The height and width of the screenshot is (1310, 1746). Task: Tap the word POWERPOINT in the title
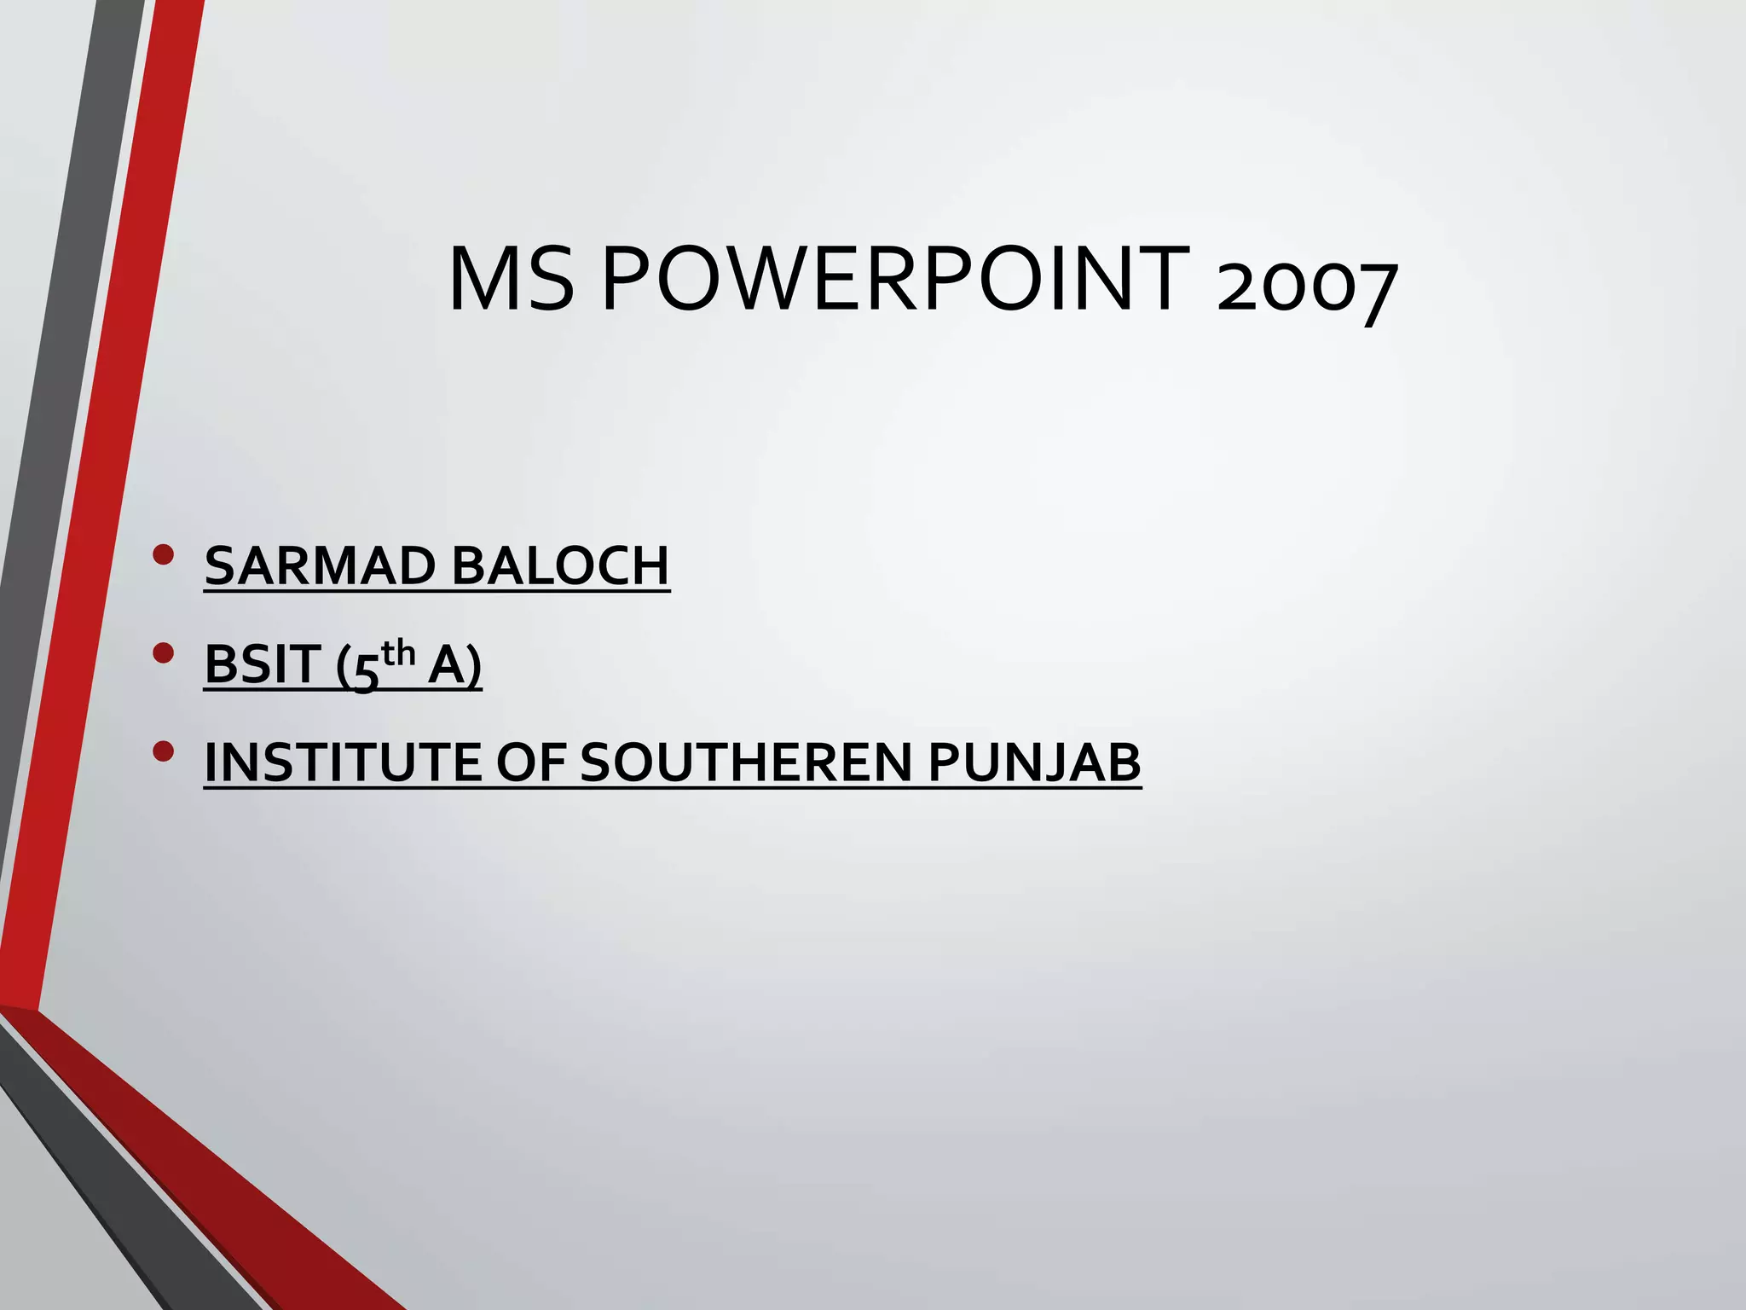click(896, 279)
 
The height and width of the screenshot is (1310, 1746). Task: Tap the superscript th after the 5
click(398, 654)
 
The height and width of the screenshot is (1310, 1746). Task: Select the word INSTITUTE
click(341, 762)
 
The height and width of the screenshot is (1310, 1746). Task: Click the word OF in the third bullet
click(531, 762)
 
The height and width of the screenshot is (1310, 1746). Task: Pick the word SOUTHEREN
click(746, 762)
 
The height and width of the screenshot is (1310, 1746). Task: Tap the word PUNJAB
click(1034, 762)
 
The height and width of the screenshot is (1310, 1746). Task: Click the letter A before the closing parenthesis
click(446, 664)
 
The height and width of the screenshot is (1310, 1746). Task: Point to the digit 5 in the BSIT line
click(365, 671)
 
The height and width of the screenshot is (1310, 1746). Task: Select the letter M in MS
click(484, 279)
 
